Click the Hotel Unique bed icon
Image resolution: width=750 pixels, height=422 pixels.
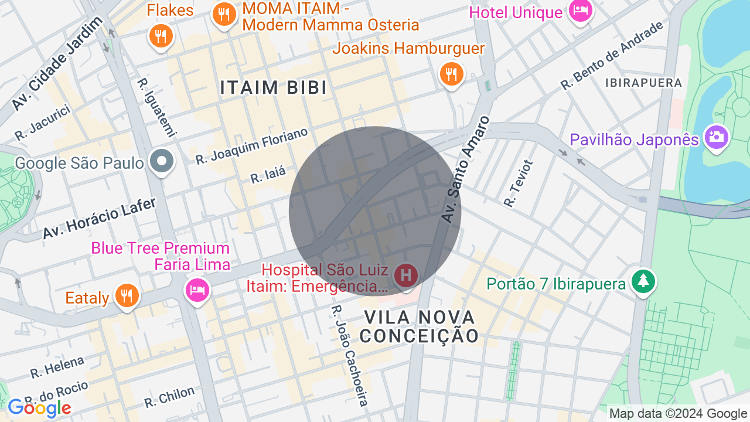coord(581,11)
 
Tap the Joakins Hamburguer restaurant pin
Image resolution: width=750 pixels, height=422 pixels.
coord(451,74)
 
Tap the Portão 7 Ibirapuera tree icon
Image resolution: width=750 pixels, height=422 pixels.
coord(643,282)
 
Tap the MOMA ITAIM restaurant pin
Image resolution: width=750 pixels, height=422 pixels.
coord(223,14)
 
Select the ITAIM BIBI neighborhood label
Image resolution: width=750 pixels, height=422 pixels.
coord(273,87)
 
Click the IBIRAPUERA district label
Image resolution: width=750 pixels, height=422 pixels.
coord(644,83)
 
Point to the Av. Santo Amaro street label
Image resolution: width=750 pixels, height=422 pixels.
coord(465,169)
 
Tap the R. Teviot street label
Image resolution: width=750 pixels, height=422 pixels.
coord(519,183)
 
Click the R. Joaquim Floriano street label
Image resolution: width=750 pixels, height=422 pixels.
coord(251,147)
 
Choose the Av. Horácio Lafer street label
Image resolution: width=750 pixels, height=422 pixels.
coord(99,218)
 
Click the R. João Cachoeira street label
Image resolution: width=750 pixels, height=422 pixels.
coord(350,355)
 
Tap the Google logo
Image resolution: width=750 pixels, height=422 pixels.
coord(39,408)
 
